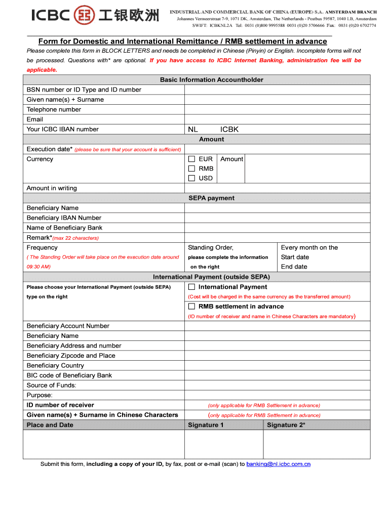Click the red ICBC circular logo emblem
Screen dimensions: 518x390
pyautogui.click(x=84, y=15)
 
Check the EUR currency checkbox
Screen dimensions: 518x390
pyautogui.click(x=192, y=159)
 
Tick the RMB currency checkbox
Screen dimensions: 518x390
pyautogui.click(x=192, y=168)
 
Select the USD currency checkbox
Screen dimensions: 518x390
pyautogui.click(x=192, y=178)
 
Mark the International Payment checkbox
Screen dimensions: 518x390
pyautogui.click(x=192, y=287)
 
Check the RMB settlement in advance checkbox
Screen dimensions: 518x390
pyautogui.click(x=192, y=307)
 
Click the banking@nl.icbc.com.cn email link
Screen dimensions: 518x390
pyautogui.click(x=278, y=464)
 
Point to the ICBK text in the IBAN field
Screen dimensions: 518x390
pyautogui.click(x=229, y=129)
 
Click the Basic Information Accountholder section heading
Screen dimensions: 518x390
pyautogui.click(x=211, y=80)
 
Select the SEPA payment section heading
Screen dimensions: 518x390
pyautogui.click(x=211, y=198)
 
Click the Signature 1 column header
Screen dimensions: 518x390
pyautogui.click(x=206, y=425)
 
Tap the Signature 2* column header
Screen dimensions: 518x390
pyautogui.click(x=286, y=425)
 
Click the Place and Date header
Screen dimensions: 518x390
pyautogui.click(x=50, y=425)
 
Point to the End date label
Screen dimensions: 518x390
pyautogui.click(x=294, y=267)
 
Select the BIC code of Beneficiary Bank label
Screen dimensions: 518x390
pyautogui.click(x=69, y=375)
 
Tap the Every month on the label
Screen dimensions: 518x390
pyautogui.click(x=309, y=247)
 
